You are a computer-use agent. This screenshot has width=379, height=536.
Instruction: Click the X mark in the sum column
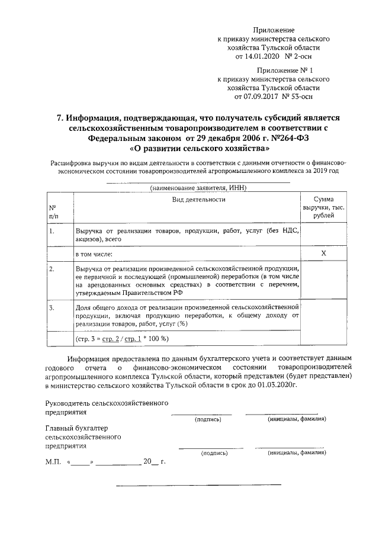coord(323,253)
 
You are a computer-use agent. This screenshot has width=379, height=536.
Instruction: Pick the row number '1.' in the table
coord(52,231)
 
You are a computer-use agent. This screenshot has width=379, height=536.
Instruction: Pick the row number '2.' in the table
coord(52,269)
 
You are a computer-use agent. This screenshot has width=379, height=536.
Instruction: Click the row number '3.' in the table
coord(52,308)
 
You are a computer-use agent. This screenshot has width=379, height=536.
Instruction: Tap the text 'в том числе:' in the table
coord(94,253)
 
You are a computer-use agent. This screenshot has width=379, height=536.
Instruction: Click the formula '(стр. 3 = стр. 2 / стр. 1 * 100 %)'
coord(123,339)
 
